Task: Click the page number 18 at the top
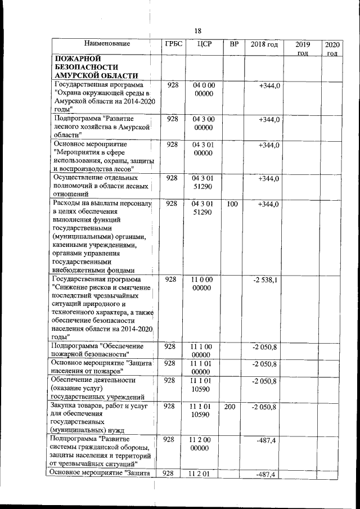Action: pyautogui.click(x=197, y=30)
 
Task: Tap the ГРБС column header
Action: pyautogui.click(x=173, y=44)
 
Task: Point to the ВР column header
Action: pyautogui.click(x=231, y=44)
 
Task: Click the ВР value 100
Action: pyautogui.click(x=231, y=204)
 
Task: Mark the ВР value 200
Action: pyautogui.click(x=229, y=407)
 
